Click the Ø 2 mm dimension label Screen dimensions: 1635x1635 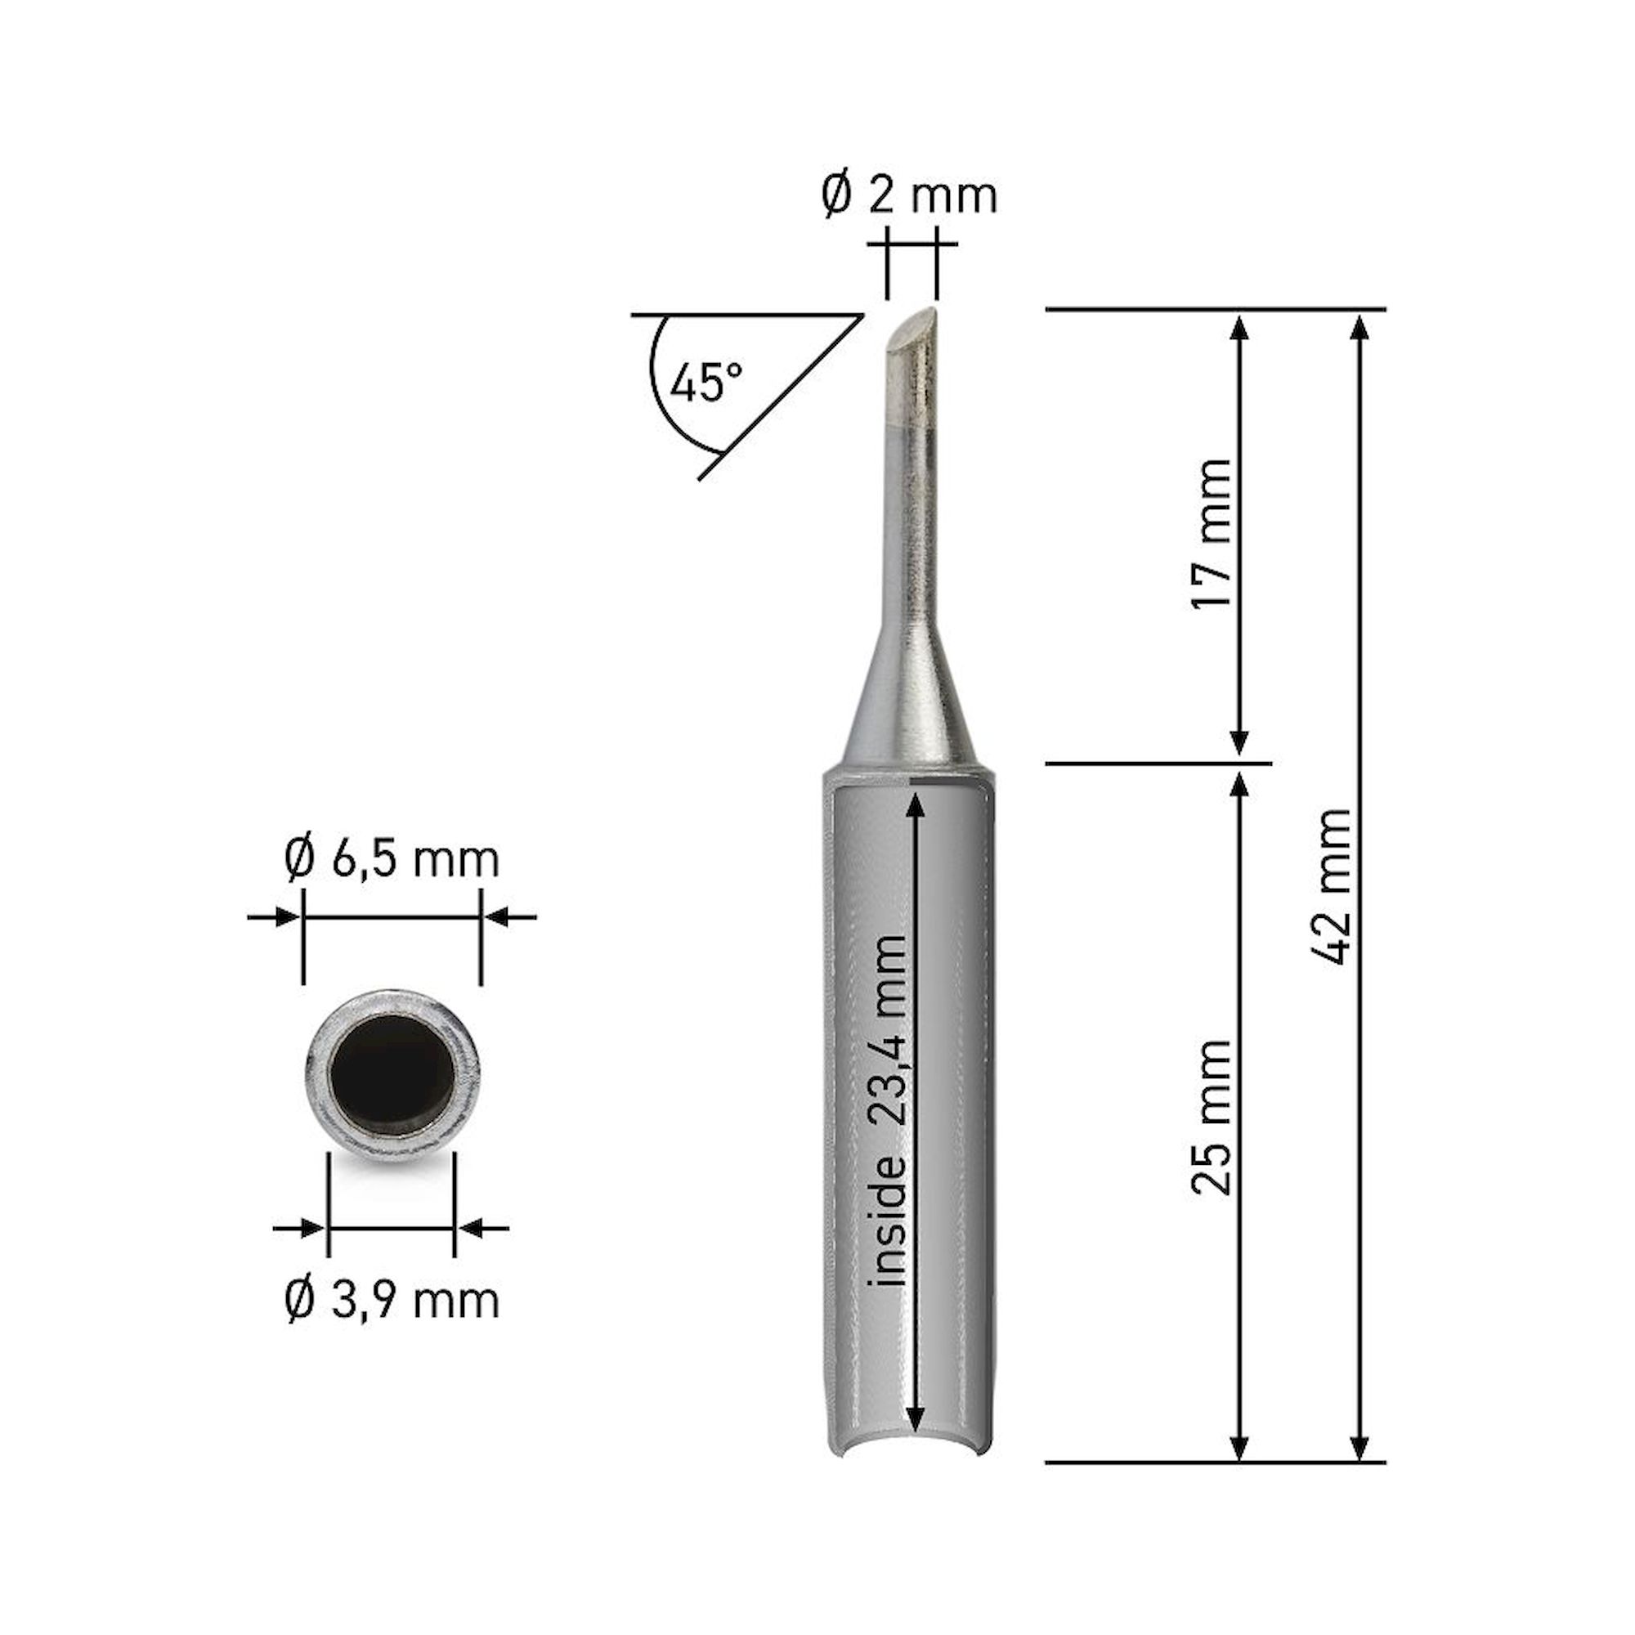pyautogui.click(x=911, y=196)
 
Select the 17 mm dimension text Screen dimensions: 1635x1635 pyautogui.click(x=1210, y=533)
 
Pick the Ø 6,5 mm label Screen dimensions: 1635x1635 pyautogui.click(x=391, y=860)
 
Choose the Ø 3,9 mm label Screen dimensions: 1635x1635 pyautogui.click(x=391, y=1301)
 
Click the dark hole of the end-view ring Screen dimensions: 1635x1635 pyautogui.click(x=392, y=1076)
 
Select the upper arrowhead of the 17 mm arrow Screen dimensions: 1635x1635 pyautogui.click(x=1240, y=328)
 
